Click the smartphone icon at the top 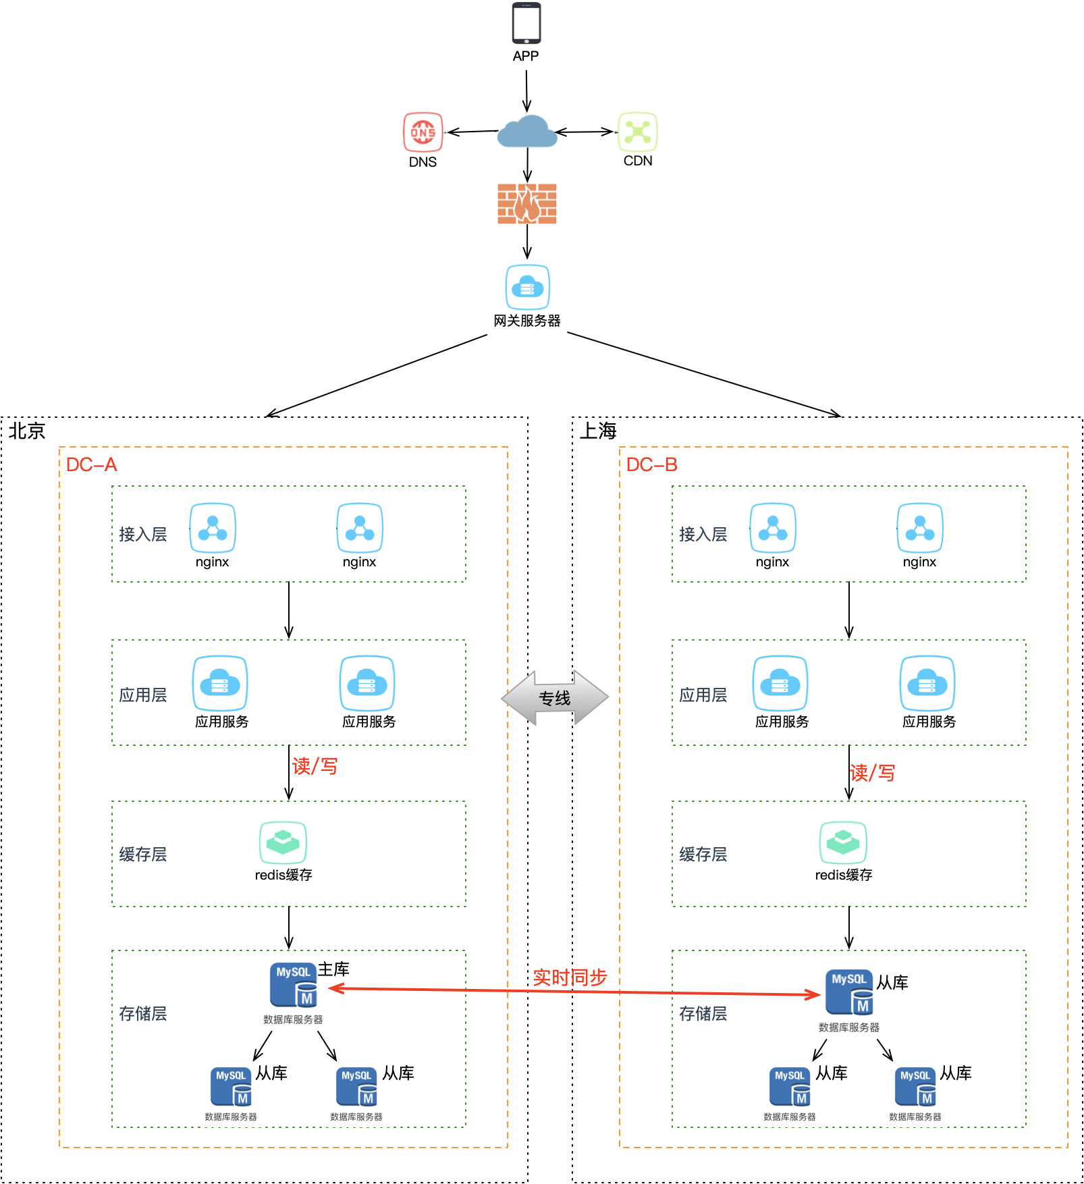(x=526, y=24)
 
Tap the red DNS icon (x=423, y=132)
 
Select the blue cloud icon (x=527, y=131)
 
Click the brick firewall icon (x=527, y=204)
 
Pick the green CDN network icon (x=638, y=131)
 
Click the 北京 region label (x=27, y=431)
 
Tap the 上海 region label (x=598, y=431)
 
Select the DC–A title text (x=92, y=464)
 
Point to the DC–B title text (x=652, y=464)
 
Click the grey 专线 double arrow (x=555, y=698)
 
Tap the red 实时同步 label (x=570, y=977)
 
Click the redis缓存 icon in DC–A (x=283, y=842)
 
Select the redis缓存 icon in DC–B (x=843, y=842)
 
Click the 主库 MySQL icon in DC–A (x=294, y=985)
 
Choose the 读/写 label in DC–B (x=873, y=773)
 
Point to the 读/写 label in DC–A (x=315, y=766)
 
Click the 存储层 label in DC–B (x=703, y=1013)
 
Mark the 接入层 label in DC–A (x=143, y=534)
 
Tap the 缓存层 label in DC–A (x=143, y=854)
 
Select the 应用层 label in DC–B (x=703, y=695)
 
